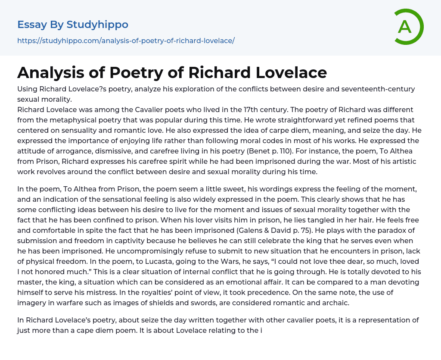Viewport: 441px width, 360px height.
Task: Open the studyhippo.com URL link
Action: [x=126, y=41]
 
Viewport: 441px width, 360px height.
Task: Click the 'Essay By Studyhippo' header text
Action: [x=73, y=25]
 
